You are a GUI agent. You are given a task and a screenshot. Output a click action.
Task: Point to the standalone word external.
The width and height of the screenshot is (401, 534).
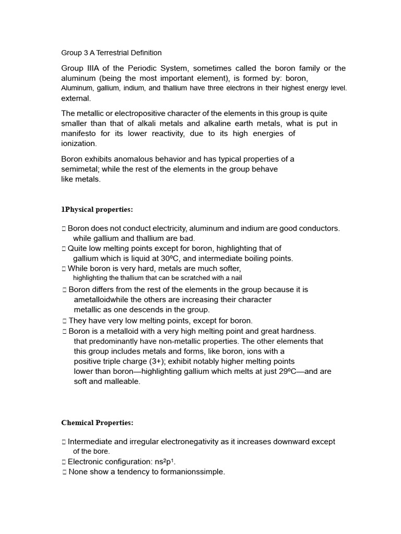point(76,98)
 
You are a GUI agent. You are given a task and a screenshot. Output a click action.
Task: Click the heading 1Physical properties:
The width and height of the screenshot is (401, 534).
point(97,210)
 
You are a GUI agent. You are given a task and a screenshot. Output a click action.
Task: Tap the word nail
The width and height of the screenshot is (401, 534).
point(235,278)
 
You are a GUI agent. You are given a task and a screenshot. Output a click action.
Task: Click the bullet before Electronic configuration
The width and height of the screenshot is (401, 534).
point(64,462)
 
